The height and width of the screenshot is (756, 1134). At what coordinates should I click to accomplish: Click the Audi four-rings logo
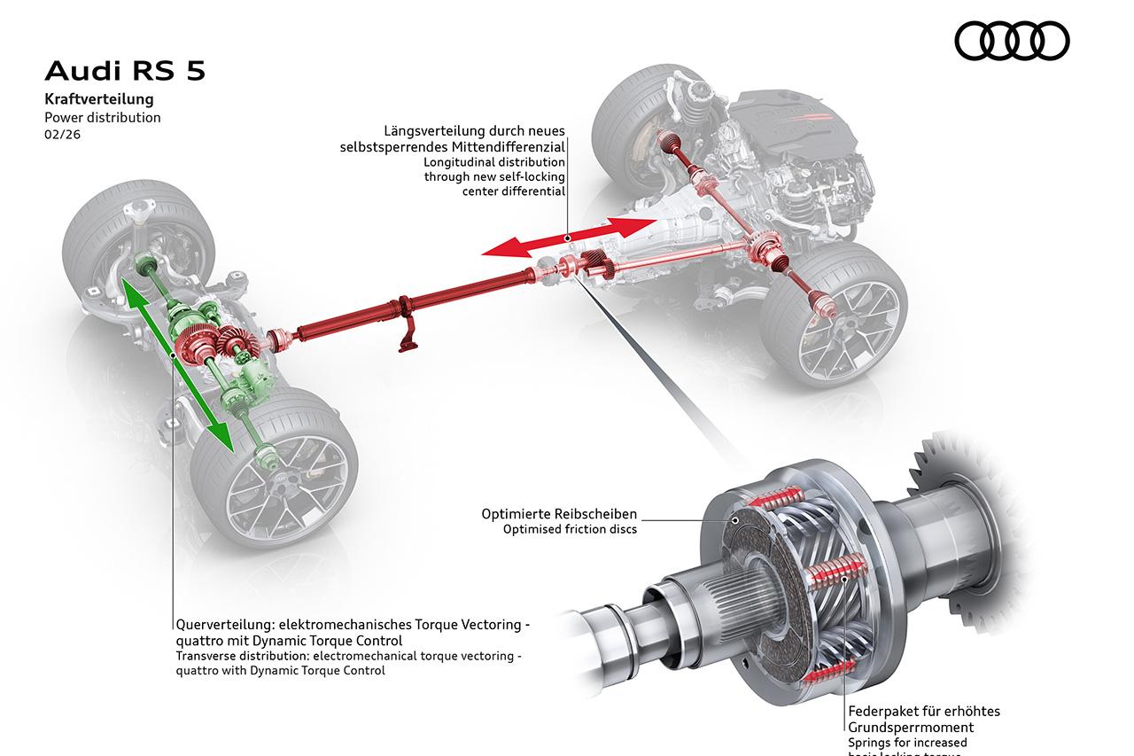tap(1012, 42)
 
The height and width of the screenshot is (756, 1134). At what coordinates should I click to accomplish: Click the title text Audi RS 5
tap(125, 71)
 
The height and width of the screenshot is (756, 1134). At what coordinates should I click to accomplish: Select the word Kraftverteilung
tap(99, 99)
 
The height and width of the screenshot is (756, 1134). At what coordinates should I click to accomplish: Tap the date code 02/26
tap(61, 135)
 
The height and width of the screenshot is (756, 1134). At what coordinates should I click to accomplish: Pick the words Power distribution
tap(103, 117)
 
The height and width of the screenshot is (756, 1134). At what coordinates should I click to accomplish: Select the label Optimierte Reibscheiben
tap(559, 514)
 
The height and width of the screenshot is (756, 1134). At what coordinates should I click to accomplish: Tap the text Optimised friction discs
tap(570, 530)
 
